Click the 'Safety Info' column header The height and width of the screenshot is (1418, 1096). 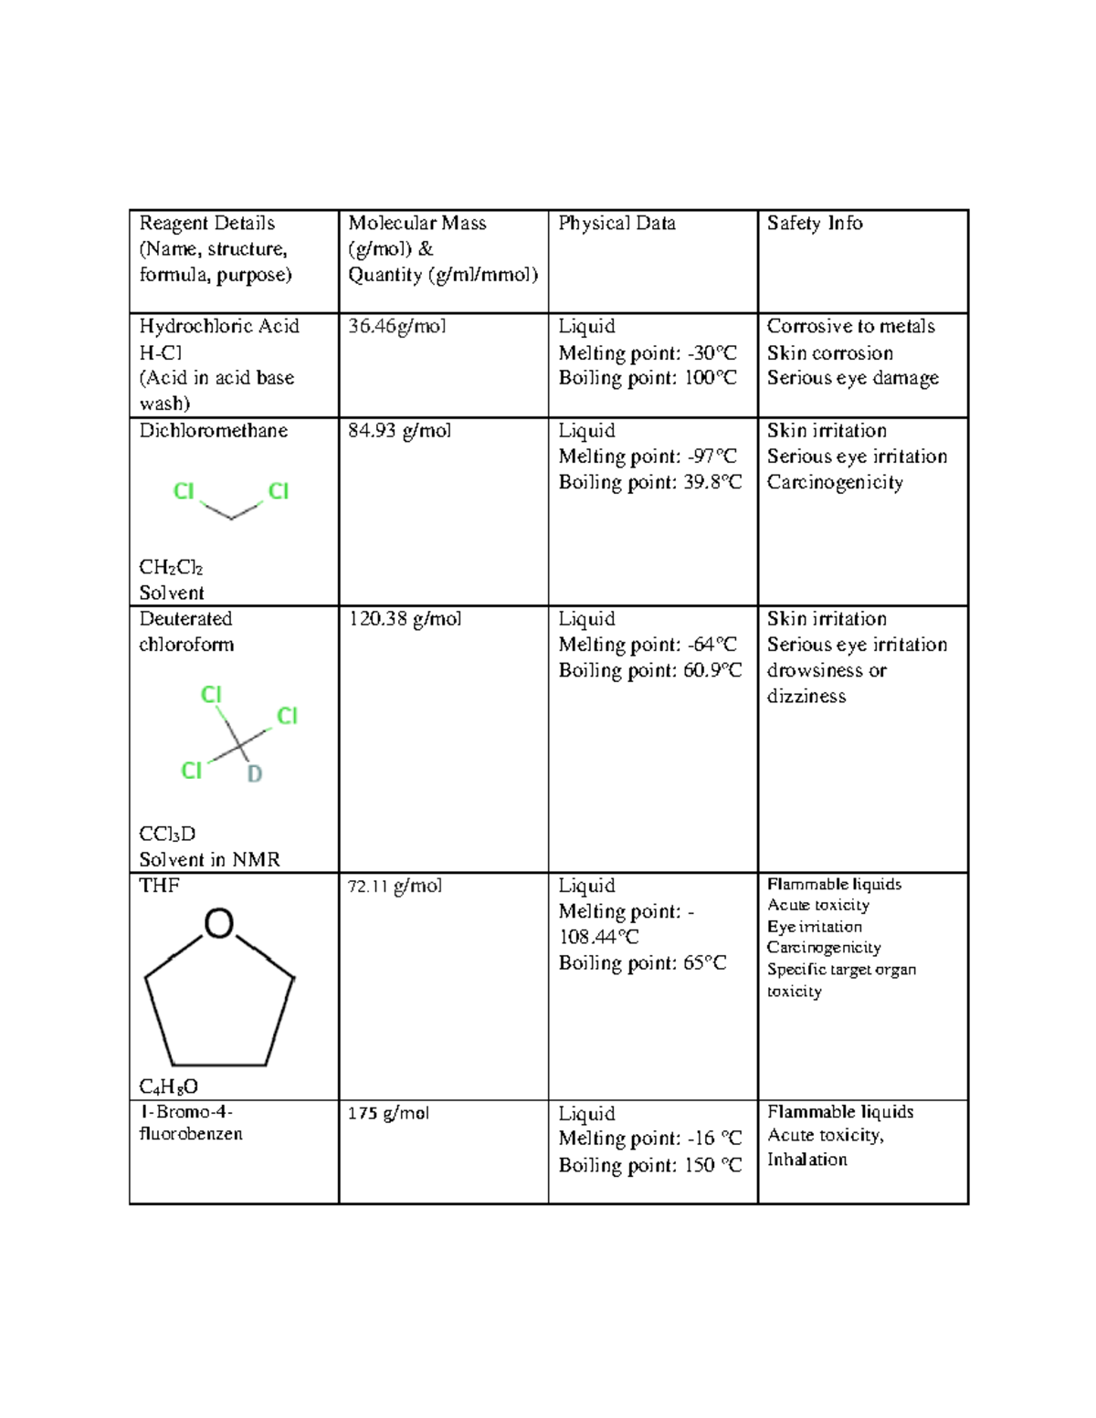(814, 224)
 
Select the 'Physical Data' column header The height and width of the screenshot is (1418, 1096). (616, 224)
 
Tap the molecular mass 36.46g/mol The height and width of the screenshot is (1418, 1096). (396, 327)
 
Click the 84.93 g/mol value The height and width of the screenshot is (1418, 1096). (399, 431)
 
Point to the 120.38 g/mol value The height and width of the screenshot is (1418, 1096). (405, 619)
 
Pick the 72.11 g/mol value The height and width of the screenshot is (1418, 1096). (395, 886)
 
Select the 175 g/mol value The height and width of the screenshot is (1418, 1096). (388, 1113)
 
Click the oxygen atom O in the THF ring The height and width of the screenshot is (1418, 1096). (219, 924)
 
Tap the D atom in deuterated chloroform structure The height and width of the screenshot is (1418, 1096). (255, 774)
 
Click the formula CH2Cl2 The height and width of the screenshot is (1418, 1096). (171, 568)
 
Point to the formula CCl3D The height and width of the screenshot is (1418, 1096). (167, 835)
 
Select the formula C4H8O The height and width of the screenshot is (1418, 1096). (169, 1087)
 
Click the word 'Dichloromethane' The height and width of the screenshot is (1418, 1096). (213, 431)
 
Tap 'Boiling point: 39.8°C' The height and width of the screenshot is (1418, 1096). (649, 482)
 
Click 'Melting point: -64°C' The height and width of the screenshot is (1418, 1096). (647, 645)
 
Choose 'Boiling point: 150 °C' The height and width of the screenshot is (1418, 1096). (649, 1165)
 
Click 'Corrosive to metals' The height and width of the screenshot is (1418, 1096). (850, 327)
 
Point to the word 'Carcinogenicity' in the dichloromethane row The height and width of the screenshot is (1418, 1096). (835, 482)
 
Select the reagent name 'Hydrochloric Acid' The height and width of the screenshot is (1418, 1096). (219, 327)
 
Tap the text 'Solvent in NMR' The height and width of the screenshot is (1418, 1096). (209, 860)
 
